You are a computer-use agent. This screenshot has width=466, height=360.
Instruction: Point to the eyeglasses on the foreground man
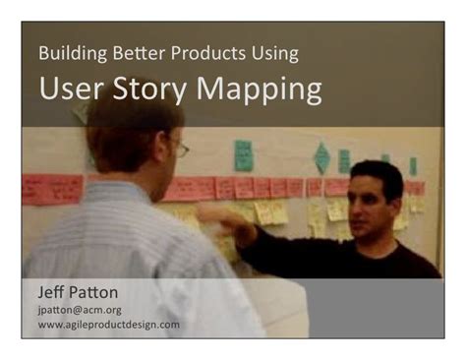[x=180, y=149]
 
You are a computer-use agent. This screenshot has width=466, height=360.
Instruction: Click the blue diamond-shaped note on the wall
[x=321, y=157]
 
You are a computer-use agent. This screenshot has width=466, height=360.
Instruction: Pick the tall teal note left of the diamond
[x=243, y=155]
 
